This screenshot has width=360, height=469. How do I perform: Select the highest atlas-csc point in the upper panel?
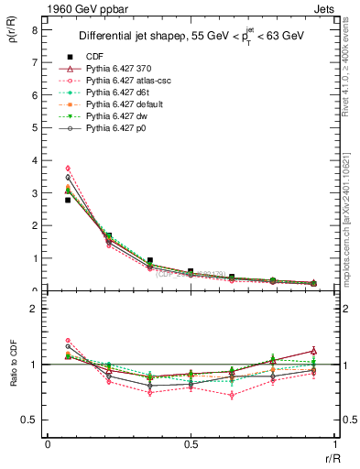point(68,169)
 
